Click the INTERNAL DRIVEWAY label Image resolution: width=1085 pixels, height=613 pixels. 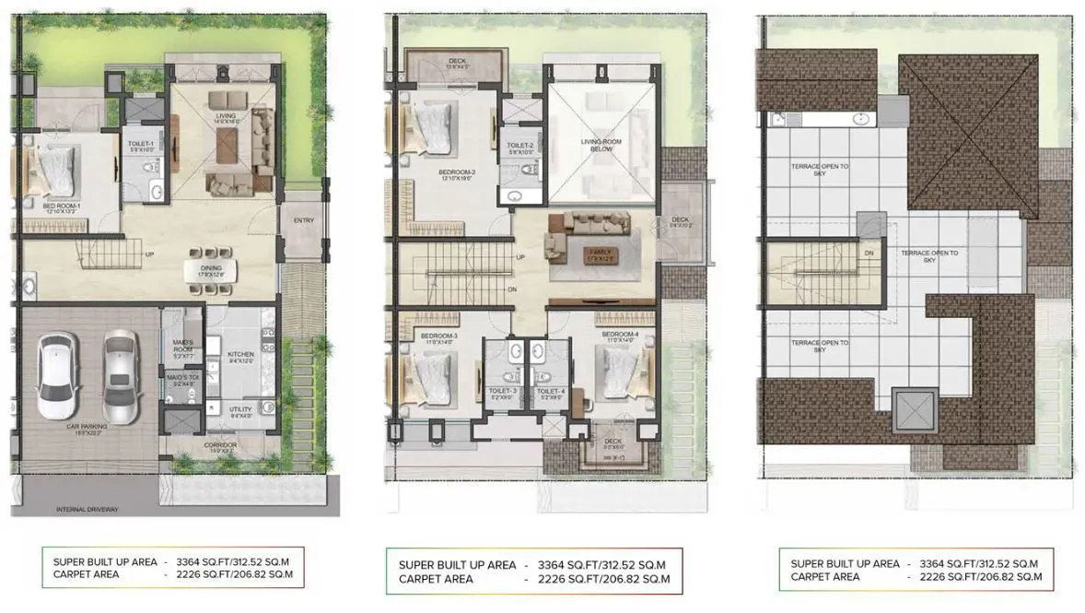[x=87, y=509]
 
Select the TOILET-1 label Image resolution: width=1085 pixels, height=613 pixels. [x=143, y=146]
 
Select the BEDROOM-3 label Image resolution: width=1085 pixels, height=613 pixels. [x=433, y=336]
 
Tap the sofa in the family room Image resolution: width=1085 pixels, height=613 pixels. [x=562, y=231]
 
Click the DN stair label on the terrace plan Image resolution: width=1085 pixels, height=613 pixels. [x=867, y=251]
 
